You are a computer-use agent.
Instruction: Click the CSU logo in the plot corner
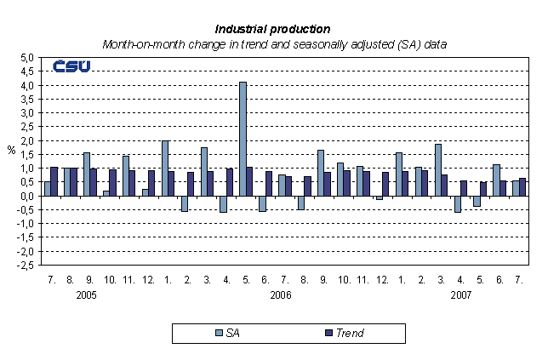(x=72, y=66)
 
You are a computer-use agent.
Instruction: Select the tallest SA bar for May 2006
(x=243, y=139)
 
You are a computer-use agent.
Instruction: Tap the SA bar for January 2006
(x=165, y=168)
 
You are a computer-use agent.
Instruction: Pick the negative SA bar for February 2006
(x=185, y=203)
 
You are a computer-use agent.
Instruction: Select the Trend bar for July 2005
(x=54, y=181)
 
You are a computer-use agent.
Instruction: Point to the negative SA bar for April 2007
(x=457, y=203)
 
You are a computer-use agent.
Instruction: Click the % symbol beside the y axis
(x=11, y=151)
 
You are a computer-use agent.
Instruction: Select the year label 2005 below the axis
(x=85, y=294)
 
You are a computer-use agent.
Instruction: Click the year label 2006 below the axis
(x=282, y=294)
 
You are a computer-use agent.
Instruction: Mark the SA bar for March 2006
(x=204, y=171)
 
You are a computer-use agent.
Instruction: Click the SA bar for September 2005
(x=86, y=174)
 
